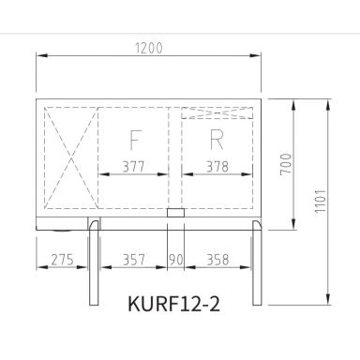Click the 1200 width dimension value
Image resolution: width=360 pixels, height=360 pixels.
coord(151,47)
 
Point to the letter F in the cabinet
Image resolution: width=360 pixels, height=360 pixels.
coord(134,140)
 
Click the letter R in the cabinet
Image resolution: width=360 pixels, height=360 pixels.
coord(217,140)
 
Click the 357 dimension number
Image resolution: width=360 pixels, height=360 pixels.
coord(133,258)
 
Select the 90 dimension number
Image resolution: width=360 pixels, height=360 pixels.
coord(176,258)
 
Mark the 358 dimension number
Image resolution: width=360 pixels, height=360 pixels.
coord(218,258)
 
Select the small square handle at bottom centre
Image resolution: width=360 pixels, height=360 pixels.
coord(175,214)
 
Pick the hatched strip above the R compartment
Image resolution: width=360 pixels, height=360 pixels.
coord(218,113)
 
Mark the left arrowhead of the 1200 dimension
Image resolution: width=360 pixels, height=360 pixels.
coord(39,55)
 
